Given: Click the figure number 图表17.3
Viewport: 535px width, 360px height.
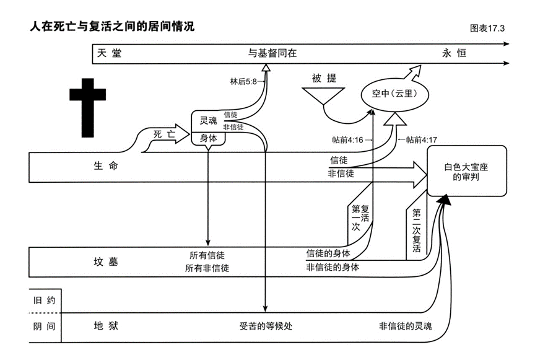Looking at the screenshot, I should (x=488, y=29).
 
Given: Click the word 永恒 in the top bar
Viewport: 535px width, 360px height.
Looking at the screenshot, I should (x=454, y=53).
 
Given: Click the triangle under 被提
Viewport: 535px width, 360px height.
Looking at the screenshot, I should (x=324, y=95).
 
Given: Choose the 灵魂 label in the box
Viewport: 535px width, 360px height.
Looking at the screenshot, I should (x=208, y=120).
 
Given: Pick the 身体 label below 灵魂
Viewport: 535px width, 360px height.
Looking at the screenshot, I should (x=208, y=139).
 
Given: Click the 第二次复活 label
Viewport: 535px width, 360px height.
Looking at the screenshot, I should (x=416, y=230).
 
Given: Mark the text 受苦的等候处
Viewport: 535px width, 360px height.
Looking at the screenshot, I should (x=264, y=326).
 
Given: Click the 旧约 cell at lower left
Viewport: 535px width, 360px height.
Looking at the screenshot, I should (x=45, y=301).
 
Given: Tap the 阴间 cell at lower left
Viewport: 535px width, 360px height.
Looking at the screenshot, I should (x=45, y=326).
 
